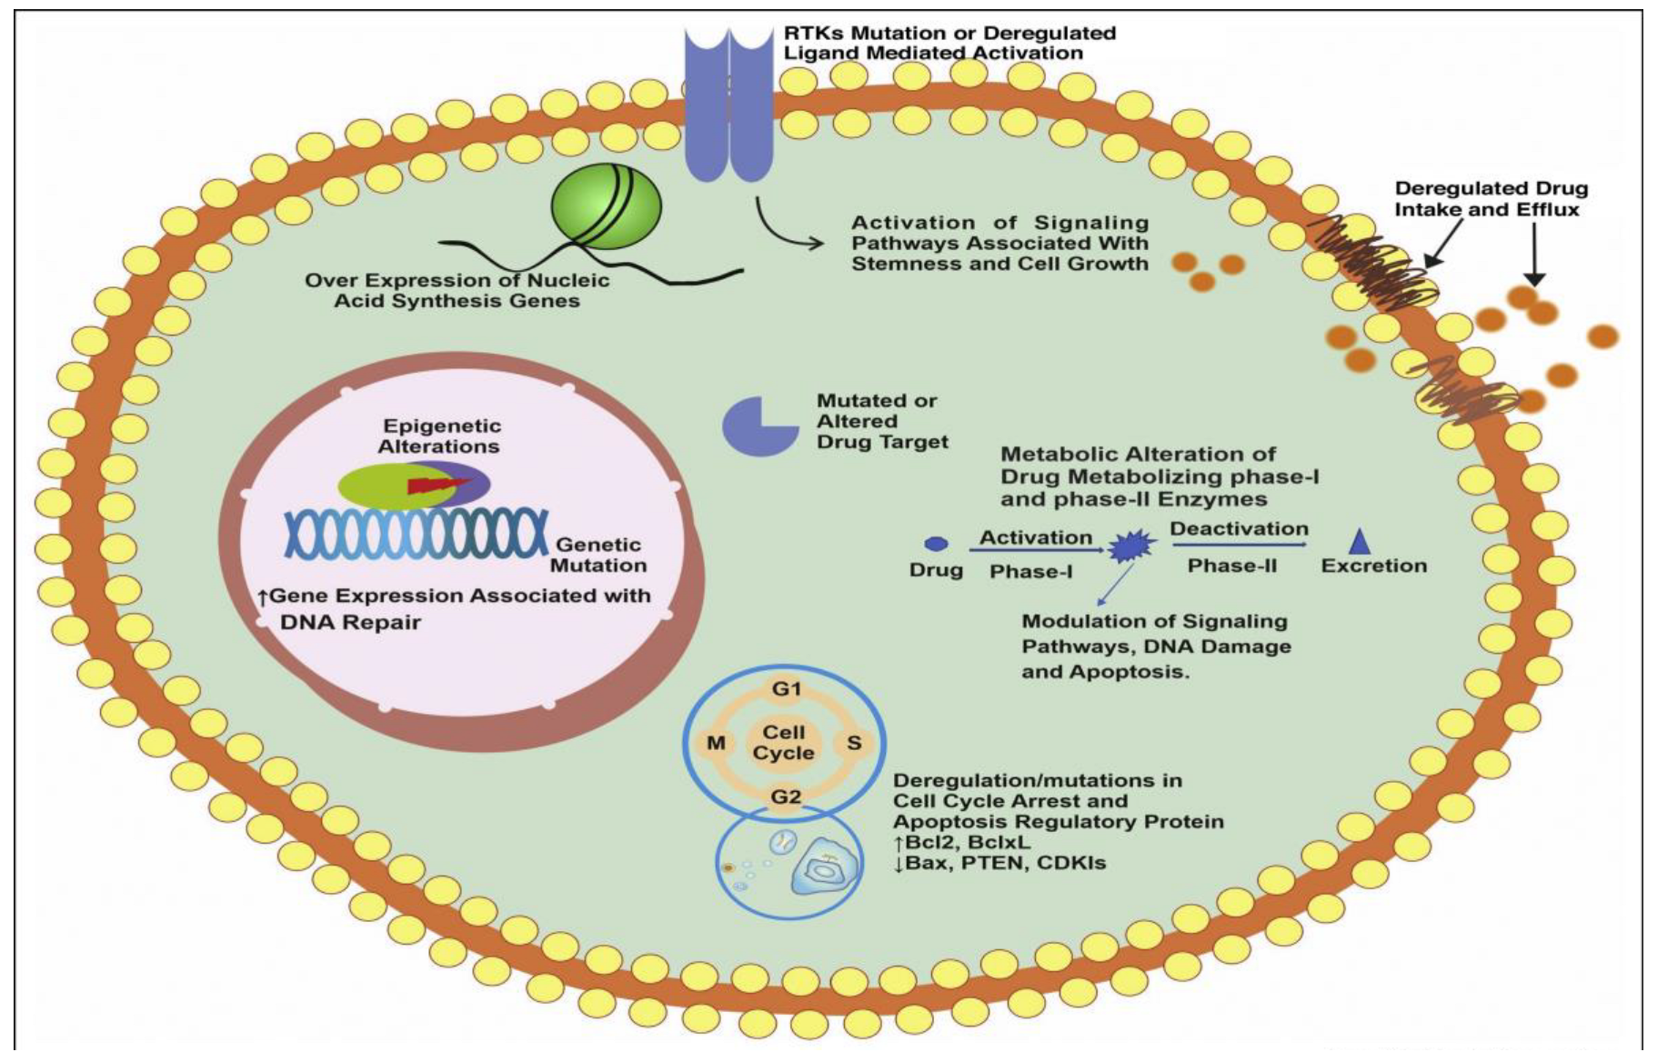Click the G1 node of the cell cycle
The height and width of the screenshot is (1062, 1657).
(786, 689)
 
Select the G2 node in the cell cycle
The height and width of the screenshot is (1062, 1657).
(786, 797)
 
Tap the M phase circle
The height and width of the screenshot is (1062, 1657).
(716, 743)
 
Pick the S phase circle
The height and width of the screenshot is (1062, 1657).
(854, 743)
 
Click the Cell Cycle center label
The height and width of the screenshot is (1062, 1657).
(784, 743)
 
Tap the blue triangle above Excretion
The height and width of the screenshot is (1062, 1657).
(1360, 542)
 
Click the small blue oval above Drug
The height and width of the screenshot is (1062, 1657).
(936, 544)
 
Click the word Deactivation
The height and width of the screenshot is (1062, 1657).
(1239, 529)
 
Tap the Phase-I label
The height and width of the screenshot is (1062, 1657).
(1030, 572)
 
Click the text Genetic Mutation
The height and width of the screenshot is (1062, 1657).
(598, 555)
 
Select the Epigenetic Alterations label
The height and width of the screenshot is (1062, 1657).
(440, 436)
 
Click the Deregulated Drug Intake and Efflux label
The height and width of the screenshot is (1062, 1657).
(1491, 199)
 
